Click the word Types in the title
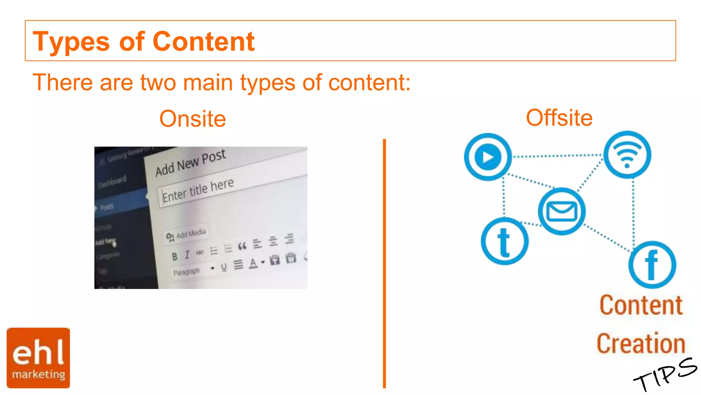(71, 42)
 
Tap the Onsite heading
(192, 119)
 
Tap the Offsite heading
(559, 118)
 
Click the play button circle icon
(488, 157)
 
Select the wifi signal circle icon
(627, 155)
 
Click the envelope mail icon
(562, 211)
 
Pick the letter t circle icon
(505, 241)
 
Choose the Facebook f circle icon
(652, 265)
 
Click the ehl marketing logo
(38, 358)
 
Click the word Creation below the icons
(641, 343)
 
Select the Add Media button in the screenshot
(187, 235)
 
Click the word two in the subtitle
(158, 83)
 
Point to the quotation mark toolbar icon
(242, 246)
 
